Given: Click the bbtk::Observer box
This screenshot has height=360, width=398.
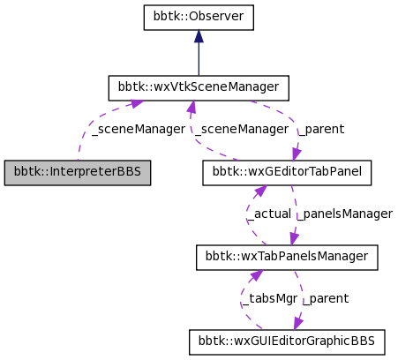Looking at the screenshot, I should pyautogui.click(x=199, y=17).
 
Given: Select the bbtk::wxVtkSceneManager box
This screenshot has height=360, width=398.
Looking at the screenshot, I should pyautogui.click(x=199, y=87).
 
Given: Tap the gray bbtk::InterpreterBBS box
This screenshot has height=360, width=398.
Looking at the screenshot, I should pyautogui.click(x=78, y=172).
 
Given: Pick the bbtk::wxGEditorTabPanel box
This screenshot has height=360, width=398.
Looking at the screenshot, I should pyautogui.click(x=287, y=172).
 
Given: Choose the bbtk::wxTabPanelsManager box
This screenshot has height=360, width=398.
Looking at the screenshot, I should pyautogui.click(x=287, y=257).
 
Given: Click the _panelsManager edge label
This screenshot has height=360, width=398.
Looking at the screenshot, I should pyautogui.click(x=344, y=214).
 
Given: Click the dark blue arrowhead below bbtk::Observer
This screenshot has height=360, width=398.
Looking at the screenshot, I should pyautogui.click(x=199, y=36).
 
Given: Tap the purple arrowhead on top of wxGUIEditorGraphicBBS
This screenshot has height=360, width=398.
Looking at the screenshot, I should pyautogui.click(x=299, y=324).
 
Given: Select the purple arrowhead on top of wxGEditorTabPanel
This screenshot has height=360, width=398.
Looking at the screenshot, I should pyautogui.click(x=297, y=154).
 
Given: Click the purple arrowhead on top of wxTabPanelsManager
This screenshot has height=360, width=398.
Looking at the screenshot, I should pyautogui.click(x=294, y=239).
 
